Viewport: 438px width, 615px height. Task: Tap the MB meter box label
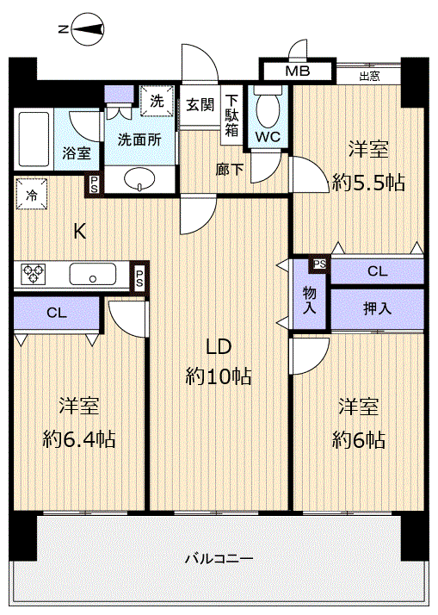[298, 71]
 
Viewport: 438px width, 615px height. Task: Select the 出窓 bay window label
[369, 76]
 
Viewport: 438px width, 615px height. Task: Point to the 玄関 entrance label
[200, 105]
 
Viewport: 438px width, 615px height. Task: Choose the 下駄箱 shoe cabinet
[231, 115]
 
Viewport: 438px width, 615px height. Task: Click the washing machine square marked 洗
[157, 101]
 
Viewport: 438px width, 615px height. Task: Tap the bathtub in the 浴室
[34, 140]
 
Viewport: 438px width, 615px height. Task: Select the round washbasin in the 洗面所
[139, 179]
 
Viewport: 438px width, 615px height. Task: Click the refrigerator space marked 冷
[31, 195]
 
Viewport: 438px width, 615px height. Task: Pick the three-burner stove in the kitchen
[33, 273]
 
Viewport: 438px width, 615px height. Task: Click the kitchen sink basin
[93, 274]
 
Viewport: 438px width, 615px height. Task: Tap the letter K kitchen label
[80, 232]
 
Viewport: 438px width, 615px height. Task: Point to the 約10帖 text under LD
[219, 376]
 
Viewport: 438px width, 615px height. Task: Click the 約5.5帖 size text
[368, 183]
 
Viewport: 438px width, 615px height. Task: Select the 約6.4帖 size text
[79, 439]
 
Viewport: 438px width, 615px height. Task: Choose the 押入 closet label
[377, 308]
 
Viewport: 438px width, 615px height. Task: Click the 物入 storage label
[310, 300]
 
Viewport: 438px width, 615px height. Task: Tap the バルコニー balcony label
[219, 558]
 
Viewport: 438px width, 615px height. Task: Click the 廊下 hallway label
[230, 170]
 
